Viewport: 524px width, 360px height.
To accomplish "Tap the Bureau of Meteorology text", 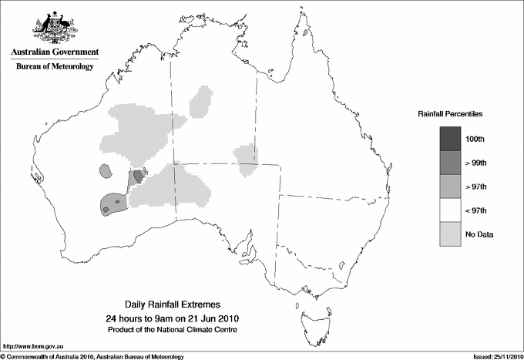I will (55, 67).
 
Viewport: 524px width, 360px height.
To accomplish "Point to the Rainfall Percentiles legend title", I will (450, 114).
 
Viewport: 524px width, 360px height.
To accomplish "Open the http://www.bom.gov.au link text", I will (32, 346).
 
